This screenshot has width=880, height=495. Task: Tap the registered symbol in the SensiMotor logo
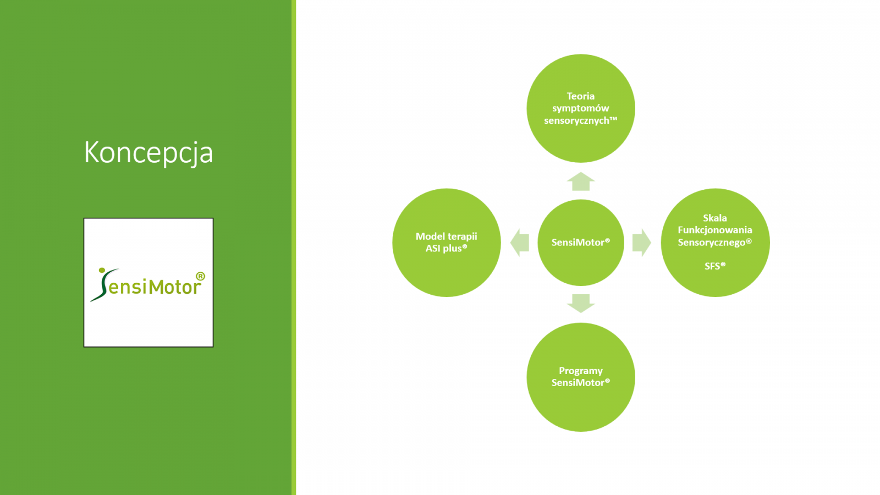200,277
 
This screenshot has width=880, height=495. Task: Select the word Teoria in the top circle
581,96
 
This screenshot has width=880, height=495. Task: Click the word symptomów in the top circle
581,108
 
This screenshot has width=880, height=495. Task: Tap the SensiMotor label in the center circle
581,243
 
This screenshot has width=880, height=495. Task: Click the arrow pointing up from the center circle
581,181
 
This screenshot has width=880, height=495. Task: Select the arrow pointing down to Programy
581,303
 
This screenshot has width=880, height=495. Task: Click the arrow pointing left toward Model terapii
519,243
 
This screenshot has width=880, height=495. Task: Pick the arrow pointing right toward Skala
642,243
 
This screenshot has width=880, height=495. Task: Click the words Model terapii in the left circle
446,237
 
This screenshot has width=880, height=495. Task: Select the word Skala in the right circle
715,218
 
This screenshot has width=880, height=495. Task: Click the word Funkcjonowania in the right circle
715,230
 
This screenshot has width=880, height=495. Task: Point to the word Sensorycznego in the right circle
712,243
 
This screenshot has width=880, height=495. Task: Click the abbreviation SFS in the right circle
712,266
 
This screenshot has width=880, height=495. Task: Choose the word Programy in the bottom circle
581,371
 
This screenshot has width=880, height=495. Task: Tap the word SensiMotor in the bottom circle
578,383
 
